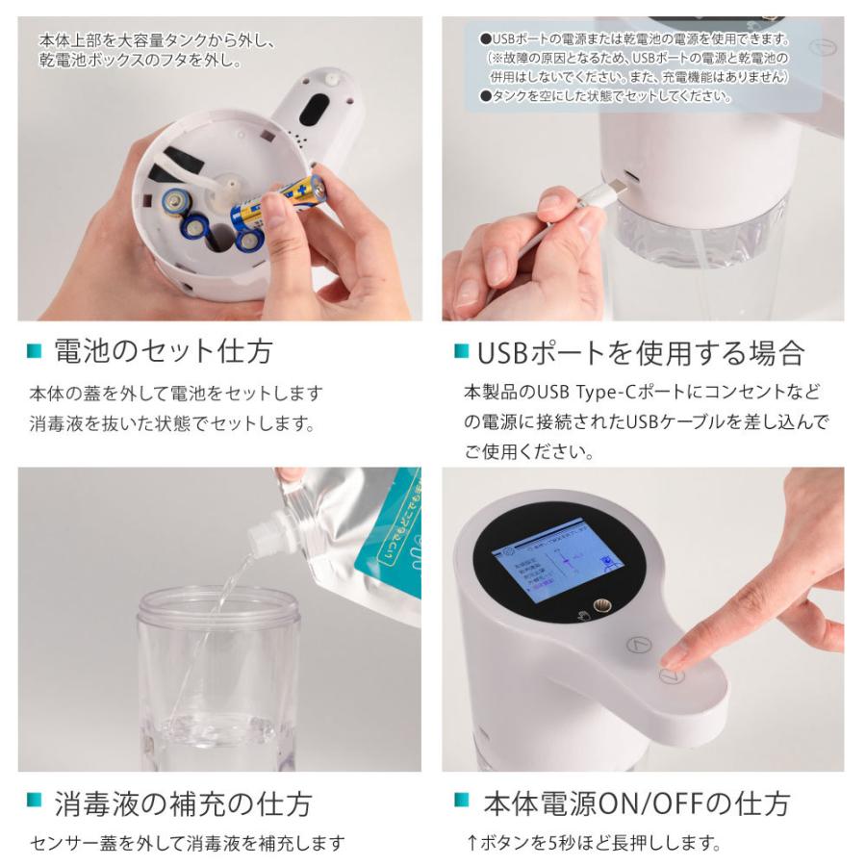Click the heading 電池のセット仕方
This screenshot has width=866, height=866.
[163, 351]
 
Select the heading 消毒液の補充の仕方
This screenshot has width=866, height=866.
[183, 803]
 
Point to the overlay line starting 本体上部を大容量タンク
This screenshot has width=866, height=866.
[158, 41]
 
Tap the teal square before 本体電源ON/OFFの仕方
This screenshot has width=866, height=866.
[463, 801]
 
